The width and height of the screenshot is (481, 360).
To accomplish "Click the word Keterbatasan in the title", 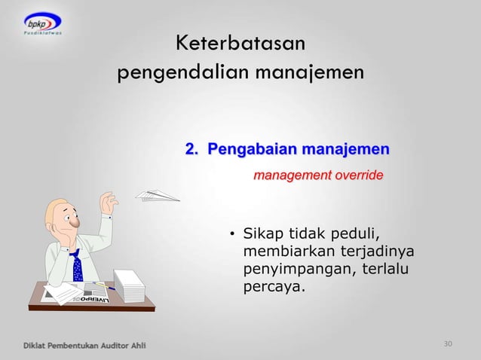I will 240,44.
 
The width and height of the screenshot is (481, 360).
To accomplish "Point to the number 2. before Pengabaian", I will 193,148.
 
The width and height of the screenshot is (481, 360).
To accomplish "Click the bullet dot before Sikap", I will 233,233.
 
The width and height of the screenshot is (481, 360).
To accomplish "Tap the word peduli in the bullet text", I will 354,232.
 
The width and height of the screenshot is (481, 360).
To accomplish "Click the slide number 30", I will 448,344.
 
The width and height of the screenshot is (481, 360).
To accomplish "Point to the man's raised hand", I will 109,202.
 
